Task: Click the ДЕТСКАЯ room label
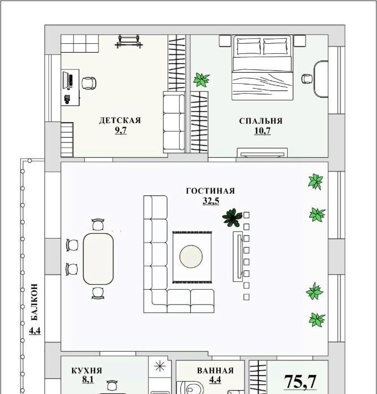(120, 120)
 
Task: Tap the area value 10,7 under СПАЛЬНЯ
(262, 131)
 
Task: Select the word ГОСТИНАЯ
(210, 191)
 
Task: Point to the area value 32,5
(211, 201)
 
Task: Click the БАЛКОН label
(34, 302)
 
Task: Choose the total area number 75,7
(300, 381)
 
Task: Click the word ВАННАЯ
(215, 371)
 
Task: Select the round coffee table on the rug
(191, 256)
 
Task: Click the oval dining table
(98, 259)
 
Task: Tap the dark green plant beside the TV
(232, 218)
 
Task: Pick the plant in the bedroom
(201, 80)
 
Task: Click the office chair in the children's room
(89, 83)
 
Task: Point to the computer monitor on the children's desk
(67, 80)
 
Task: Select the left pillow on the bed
(249, 46)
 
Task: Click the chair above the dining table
(98, 224)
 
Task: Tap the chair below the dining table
(98, 293)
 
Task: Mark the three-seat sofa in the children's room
(174, 122)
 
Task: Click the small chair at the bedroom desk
(307, 79)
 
